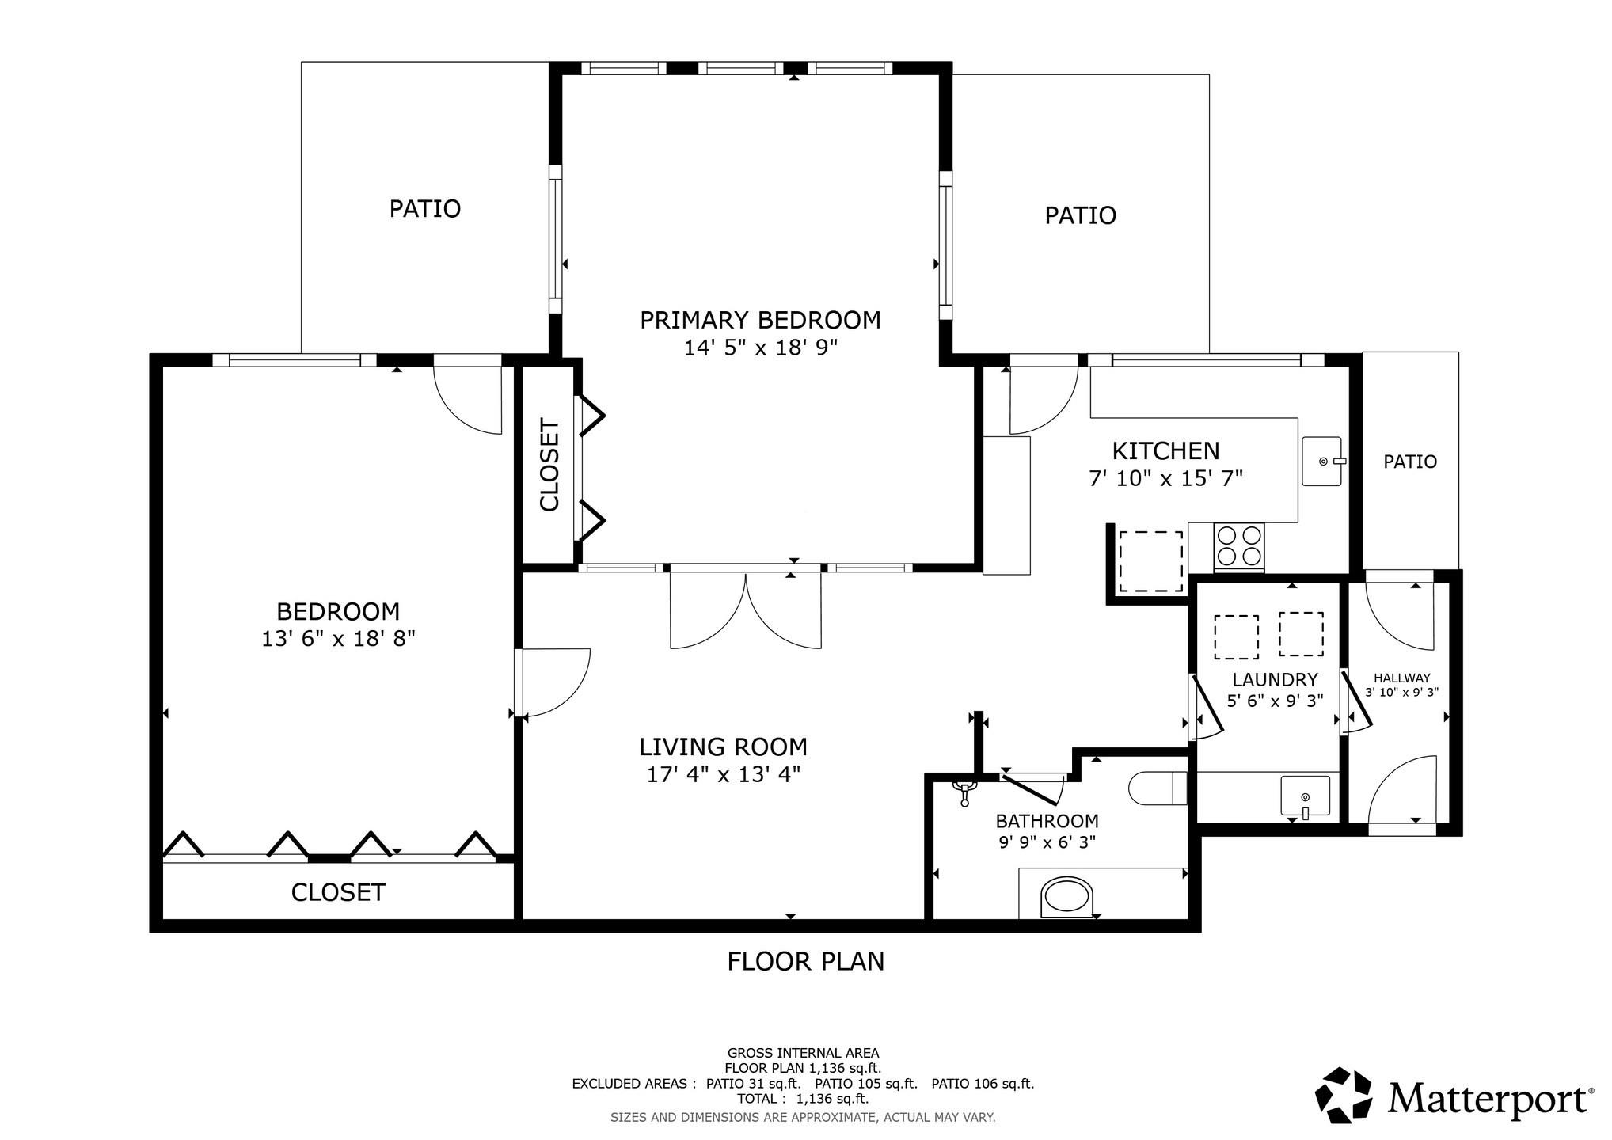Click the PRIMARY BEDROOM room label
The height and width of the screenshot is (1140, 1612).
[x=760, y=320]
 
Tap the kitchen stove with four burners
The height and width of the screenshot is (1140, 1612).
[x=1239, y=546]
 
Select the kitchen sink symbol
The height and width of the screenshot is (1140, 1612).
[x=1322, y=462]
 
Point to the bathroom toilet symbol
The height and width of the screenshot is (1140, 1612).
[x=1158, y=788]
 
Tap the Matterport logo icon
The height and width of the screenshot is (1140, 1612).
[x=1343, y=1095]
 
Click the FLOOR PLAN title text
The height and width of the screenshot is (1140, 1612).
[x=806, y=961]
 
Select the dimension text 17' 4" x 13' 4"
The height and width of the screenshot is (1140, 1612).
[x=724, y=774]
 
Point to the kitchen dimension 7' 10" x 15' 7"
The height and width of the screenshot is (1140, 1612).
[x=1166, y=478]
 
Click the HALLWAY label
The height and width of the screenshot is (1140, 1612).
[x=1402, y=678]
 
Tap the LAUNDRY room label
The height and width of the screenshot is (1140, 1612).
[x=1275, y=679]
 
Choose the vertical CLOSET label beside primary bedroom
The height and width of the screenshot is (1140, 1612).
[x=549, y=465]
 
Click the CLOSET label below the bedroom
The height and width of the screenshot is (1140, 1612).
[x=338, y=892]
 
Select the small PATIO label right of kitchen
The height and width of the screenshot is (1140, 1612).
[x=1410, y=462]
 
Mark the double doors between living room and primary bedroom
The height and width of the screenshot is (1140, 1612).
[x=746, y=610]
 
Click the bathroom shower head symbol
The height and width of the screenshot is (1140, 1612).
[x=964, y=791]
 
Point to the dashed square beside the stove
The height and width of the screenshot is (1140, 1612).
[x=1150, y=561]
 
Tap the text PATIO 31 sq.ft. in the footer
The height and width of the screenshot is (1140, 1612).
[x=753, y=1084]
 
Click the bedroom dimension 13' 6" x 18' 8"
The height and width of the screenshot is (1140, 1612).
[x=339, y=638]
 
